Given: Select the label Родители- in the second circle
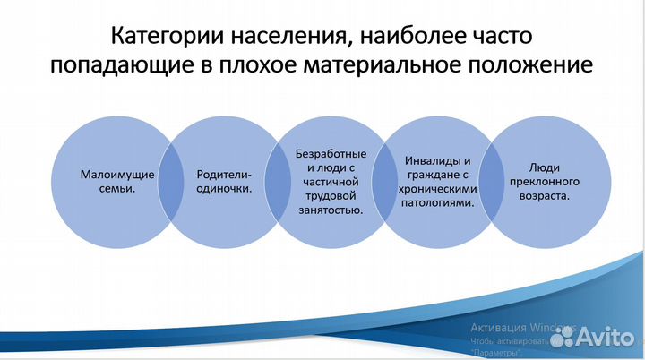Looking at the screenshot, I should tap(223, 174).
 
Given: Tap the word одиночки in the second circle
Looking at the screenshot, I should tap(223, 189).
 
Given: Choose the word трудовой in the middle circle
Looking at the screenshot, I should tap(330, 195).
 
